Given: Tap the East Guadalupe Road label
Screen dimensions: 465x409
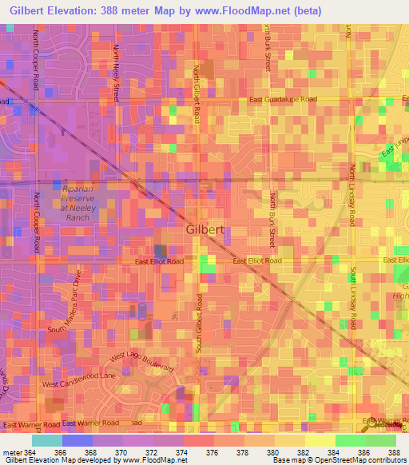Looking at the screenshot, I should [283, 100].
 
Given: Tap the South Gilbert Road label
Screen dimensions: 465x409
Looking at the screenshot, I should [200, 323].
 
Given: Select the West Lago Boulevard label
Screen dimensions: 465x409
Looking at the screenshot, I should [141, 362].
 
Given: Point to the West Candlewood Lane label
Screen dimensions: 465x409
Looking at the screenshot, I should [79, 380].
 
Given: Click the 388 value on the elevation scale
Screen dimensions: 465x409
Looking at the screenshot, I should [394, 451].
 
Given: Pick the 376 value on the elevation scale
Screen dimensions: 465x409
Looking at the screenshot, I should [211, 451].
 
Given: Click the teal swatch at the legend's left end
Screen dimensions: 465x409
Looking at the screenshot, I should [47, 440].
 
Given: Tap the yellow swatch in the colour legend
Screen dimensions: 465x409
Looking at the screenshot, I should [320, 440].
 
